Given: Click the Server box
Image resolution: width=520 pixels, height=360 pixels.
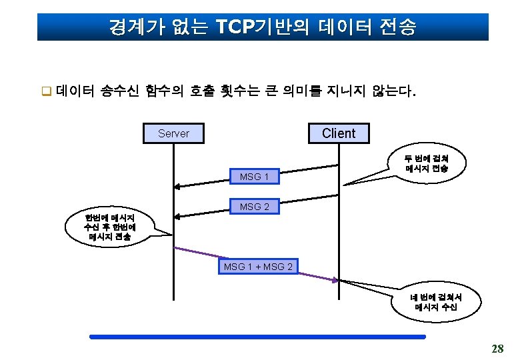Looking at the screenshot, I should coord(174,133).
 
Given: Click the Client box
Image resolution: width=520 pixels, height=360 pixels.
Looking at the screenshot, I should coord(339,133).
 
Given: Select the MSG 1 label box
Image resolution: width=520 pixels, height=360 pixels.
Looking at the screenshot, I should coord(254,177).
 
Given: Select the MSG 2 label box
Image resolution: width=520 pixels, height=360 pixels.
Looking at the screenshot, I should coord(254,207).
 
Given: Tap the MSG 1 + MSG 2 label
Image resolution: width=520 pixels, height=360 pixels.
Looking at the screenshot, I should coord(258,267).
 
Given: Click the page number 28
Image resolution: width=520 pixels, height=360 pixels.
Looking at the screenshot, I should coord(497,348).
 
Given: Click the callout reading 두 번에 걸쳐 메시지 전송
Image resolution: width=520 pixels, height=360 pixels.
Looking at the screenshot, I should coord(426,164).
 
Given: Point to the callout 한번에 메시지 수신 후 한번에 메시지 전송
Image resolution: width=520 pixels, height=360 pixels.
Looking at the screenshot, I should coord(107,227).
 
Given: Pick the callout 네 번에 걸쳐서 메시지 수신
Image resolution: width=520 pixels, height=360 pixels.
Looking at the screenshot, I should coord(435,303).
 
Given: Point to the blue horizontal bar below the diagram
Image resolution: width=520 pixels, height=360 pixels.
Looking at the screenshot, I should coord(257,337).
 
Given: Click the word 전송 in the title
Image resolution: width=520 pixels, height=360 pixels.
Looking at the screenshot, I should coord(396,27).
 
